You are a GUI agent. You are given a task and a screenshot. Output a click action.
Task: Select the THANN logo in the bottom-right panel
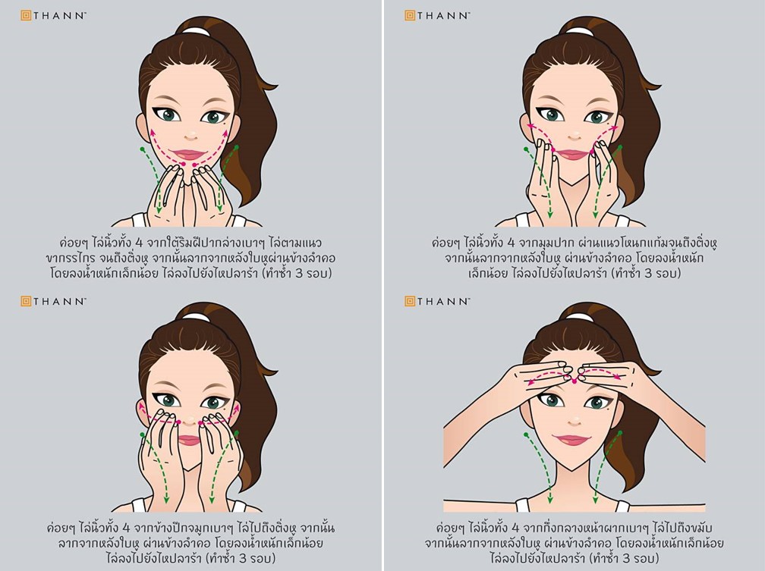coord(437,301)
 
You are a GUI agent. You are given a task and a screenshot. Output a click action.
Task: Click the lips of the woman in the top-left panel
coord(190,155)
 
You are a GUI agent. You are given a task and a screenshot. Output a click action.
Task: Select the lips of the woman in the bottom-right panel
coord(574,440)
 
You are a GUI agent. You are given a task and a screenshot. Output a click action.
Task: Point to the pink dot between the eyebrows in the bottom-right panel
coord(574,381)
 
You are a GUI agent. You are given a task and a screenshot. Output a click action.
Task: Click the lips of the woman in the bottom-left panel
coord(190,439)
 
